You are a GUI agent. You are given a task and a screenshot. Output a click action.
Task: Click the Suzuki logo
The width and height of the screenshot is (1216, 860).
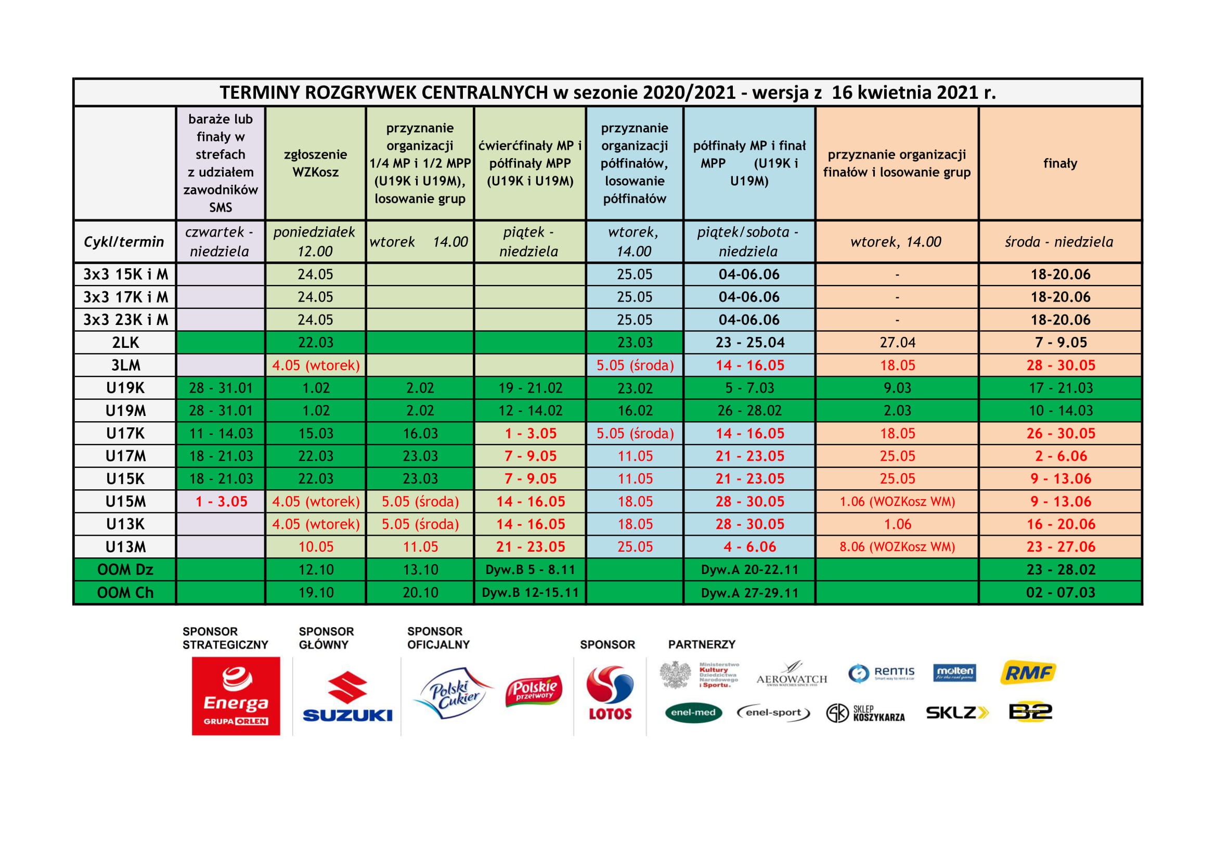click(347, 697)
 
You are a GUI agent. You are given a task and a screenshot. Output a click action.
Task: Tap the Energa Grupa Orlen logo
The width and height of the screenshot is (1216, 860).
click(236, 696)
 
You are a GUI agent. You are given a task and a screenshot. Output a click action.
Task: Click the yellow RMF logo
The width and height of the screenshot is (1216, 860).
click(1027, 672)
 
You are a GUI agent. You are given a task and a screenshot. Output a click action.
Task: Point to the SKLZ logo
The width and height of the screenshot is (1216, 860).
click(956, 713)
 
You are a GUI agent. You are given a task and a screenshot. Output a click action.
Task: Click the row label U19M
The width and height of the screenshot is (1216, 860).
click(125, 410)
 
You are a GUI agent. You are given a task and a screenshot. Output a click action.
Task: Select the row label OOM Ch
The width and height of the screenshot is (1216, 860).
click(125, 593)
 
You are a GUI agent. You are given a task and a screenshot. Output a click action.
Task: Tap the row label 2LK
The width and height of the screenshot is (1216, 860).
click(125, 343)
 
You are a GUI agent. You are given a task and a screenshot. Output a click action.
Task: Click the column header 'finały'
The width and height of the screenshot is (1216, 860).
click(1060, 163)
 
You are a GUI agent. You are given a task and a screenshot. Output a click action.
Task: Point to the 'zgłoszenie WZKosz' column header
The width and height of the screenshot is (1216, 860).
click(315, 163)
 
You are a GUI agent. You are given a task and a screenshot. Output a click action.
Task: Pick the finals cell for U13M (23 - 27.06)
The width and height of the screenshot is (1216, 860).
click(1060, 546)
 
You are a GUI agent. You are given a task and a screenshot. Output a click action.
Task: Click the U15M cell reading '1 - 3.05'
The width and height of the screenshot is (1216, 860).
click(221, 501)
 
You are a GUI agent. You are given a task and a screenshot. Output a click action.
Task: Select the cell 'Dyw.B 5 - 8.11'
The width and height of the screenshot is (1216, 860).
click(529, 570)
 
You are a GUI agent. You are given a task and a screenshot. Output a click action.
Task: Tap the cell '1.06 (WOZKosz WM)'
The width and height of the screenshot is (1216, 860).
click(897, 501)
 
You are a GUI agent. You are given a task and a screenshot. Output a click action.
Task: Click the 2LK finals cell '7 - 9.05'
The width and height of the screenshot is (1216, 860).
click(1060, 343)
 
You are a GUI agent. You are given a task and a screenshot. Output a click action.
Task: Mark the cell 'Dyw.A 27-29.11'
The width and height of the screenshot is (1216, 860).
click(749, 593)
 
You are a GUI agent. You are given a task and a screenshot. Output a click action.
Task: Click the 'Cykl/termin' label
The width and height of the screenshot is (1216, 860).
click(124, 242)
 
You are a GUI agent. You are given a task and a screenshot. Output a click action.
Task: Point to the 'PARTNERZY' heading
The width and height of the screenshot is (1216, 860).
click(701, 644)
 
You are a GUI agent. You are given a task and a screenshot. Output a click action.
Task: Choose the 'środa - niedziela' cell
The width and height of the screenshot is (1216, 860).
click(1059, 242)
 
